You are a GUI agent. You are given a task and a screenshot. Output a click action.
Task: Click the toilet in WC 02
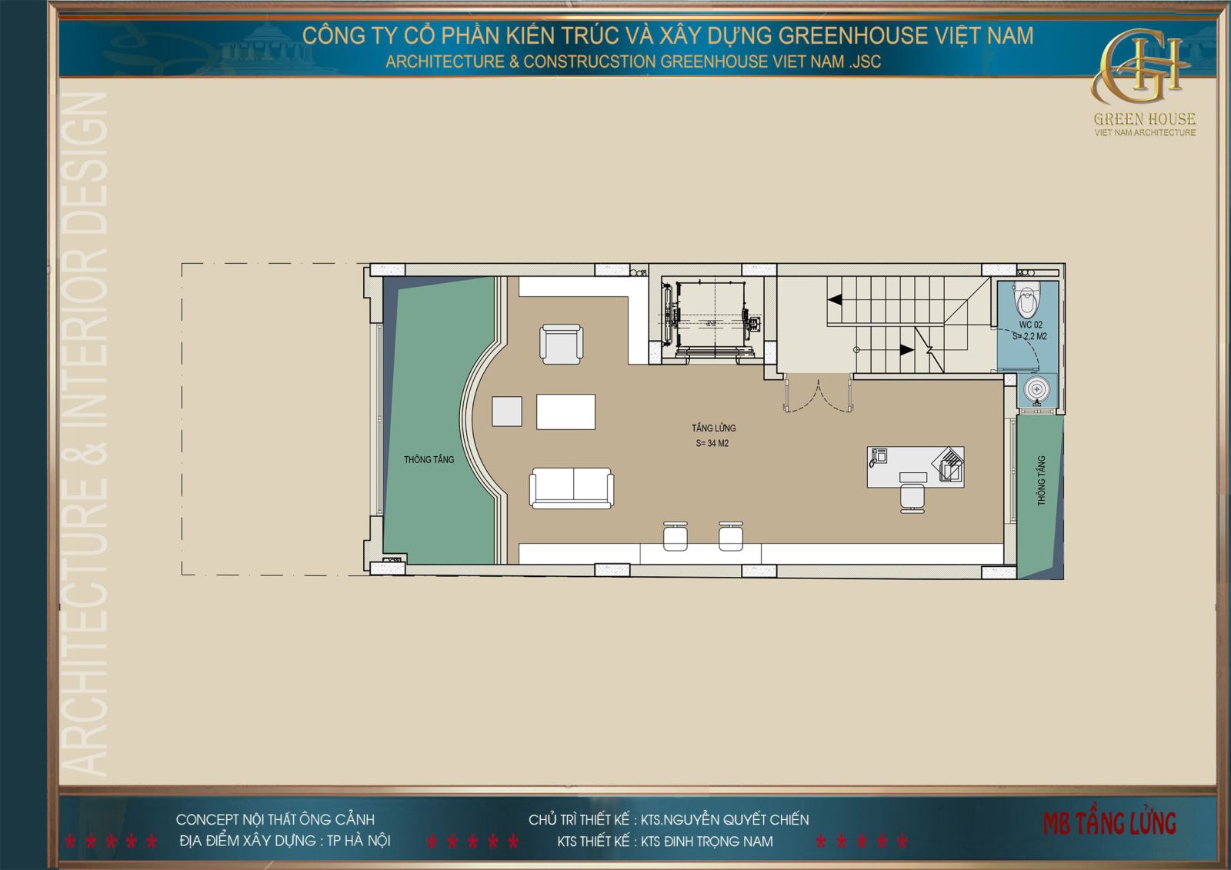[x=1027, y=301]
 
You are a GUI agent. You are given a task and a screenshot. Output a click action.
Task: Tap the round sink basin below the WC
[x=1037, y=391]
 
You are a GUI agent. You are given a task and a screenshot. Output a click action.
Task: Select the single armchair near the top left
[x=561, y=343]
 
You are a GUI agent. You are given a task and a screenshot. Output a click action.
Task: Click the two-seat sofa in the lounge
[x=571, y=488]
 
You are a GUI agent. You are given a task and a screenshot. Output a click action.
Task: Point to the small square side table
[x=507, y=411]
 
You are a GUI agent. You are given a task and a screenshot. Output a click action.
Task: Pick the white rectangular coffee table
[x=566, y=412]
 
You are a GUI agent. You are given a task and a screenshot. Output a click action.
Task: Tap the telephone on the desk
[x=878, y=458]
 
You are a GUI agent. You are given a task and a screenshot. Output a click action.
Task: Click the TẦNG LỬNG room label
[x=713, y=428]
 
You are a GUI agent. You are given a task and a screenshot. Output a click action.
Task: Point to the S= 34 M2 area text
[x=712, y=443]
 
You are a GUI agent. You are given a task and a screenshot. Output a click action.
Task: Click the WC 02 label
[x=1031, y=325]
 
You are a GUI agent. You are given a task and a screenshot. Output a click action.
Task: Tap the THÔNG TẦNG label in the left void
[x=429, y=459]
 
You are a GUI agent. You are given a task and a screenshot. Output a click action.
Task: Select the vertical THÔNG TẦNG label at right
[x=1042, y=481]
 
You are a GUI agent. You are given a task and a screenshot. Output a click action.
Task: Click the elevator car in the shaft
[x=709, y=315]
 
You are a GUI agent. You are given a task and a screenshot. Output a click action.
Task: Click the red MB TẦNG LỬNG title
[x=1109, y=823]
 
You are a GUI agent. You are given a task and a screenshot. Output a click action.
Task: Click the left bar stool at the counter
[x=675, y=535]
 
